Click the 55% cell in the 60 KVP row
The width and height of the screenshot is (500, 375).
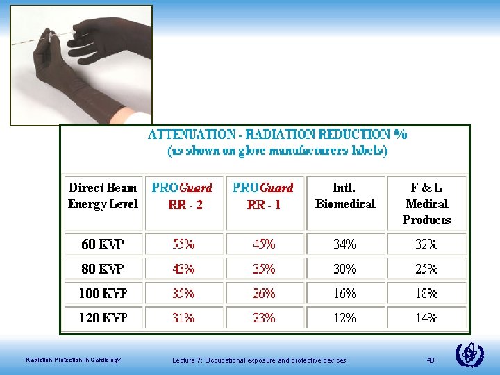coord(184,244)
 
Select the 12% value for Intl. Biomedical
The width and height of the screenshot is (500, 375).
coord(345,317)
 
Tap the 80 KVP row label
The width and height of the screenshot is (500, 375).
coord(102,269)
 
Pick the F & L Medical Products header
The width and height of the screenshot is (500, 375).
coord(426,203)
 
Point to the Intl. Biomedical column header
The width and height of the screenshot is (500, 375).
coord(345,196)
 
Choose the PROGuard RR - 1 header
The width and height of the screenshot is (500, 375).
coord(264,196)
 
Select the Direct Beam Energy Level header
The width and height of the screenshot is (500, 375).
coord(103,196)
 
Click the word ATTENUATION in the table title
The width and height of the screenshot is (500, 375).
coord(192,134)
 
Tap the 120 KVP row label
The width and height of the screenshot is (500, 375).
coord(102,317)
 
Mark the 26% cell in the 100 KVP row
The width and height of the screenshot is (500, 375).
coord(264,293)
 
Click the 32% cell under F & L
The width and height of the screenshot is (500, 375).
coord(426,244)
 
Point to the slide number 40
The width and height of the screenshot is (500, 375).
coord(431,360)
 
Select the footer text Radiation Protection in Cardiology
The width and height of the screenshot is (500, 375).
coord(73,360)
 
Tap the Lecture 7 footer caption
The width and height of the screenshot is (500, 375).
coord(258,360)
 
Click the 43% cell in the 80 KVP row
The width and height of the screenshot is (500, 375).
coord(184,269)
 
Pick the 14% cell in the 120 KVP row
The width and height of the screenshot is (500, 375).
coord(426,317)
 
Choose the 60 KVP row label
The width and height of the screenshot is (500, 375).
coord(102,244)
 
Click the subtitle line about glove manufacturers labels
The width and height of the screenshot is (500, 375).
coord(278,150)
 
